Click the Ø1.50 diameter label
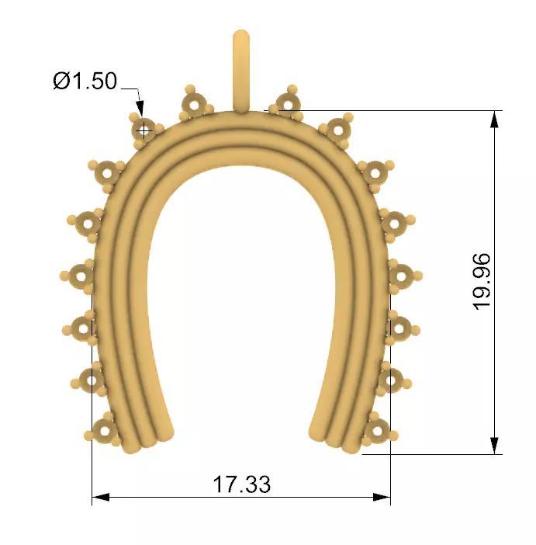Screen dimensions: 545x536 click(x=85, y=81)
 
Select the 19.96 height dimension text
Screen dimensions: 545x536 click(x=482, y=281)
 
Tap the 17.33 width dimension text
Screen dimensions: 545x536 click(x=242, y=484)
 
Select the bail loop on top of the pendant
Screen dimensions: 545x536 click(x=241, y=70)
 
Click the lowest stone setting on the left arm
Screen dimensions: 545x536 click(x=104, y=429)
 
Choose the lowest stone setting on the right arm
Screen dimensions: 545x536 click(x=376, y=429)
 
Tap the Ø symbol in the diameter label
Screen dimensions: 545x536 click(x=61, y=81)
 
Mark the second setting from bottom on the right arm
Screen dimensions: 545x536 click(x=389, y=380)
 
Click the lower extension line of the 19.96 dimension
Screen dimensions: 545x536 click(x=434, y=455)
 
